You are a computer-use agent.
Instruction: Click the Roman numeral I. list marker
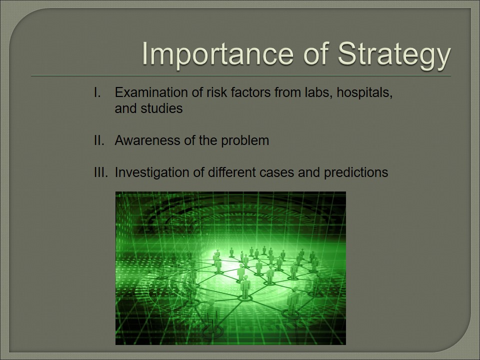point(97,92)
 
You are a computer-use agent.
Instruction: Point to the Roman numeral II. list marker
point(99,140)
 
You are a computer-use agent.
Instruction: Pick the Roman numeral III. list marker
point(101,172)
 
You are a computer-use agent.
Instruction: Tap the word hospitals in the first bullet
point(364,93)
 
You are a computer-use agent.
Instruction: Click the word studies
point(161,108)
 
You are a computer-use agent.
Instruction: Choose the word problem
point(245,141)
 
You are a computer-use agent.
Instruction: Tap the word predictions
point(356,173)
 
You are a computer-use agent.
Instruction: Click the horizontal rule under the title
point(241,75)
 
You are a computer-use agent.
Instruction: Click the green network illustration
point(230,268)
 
